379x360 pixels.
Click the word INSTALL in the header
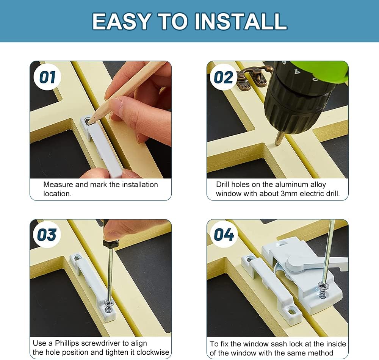241,21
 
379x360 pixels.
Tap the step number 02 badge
224,77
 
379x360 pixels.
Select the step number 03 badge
47,235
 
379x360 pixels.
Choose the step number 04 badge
224,235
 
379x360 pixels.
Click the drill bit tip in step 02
278,142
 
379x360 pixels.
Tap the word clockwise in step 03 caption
152,352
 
